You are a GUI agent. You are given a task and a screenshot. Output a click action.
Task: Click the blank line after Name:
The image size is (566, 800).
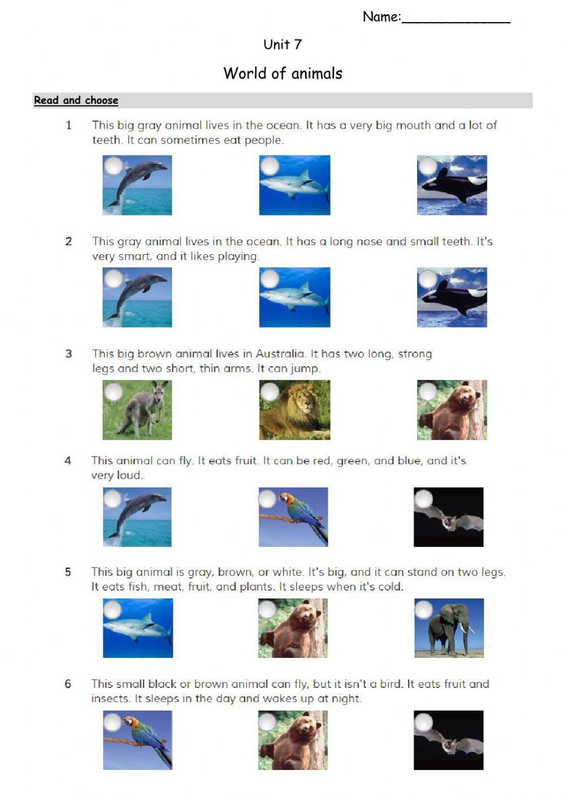pos(456,19)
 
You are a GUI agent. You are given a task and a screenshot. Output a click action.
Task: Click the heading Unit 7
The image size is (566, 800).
pos(282,44)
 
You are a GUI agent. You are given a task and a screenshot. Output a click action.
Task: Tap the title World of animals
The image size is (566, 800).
pos(282,74)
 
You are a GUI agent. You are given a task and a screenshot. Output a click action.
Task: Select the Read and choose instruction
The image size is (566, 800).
pos(76,100)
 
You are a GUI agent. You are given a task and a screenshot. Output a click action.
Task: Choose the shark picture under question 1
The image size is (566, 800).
pos(295,186)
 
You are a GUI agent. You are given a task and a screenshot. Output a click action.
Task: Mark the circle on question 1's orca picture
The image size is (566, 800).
pos(427,166)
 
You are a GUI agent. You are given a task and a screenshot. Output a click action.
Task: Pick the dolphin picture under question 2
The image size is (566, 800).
pos(137,298)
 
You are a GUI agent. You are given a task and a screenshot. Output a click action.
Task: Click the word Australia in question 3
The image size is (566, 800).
pos(280,354)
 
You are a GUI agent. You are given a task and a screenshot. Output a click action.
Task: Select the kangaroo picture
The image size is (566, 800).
pos(137,410)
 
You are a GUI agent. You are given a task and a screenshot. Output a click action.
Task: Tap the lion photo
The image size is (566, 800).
pos(295,410)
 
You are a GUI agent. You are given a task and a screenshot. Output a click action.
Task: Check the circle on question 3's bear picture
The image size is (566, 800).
pos(427,391)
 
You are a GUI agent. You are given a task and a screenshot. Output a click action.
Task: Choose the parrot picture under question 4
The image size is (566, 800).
pos(294,517)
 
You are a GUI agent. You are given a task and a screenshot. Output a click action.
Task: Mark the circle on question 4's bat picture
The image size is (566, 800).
pos(423,499)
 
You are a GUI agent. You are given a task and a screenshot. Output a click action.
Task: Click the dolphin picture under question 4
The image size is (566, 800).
pos(137,517)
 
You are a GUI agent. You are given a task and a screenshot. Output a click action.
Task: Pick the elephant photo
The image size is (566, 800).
pos(449,628)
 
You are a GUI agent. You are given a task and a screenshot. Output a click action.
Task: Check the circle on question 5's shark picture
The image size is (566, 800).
pos(113,610)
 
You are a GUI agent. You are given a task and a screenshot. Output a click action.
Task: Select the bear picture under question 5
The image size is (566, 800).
pos(293,628)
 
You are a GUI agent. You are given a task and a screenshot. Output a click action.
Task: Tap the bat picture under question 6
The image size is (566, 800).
pos(449,740)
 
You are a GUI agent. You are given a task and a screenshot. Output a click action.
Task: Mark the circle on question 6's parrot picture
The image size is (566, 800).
pos(113,722)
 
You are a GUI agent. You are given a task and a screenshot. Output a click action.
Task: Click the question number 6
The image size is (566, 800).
pos(68,684)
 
